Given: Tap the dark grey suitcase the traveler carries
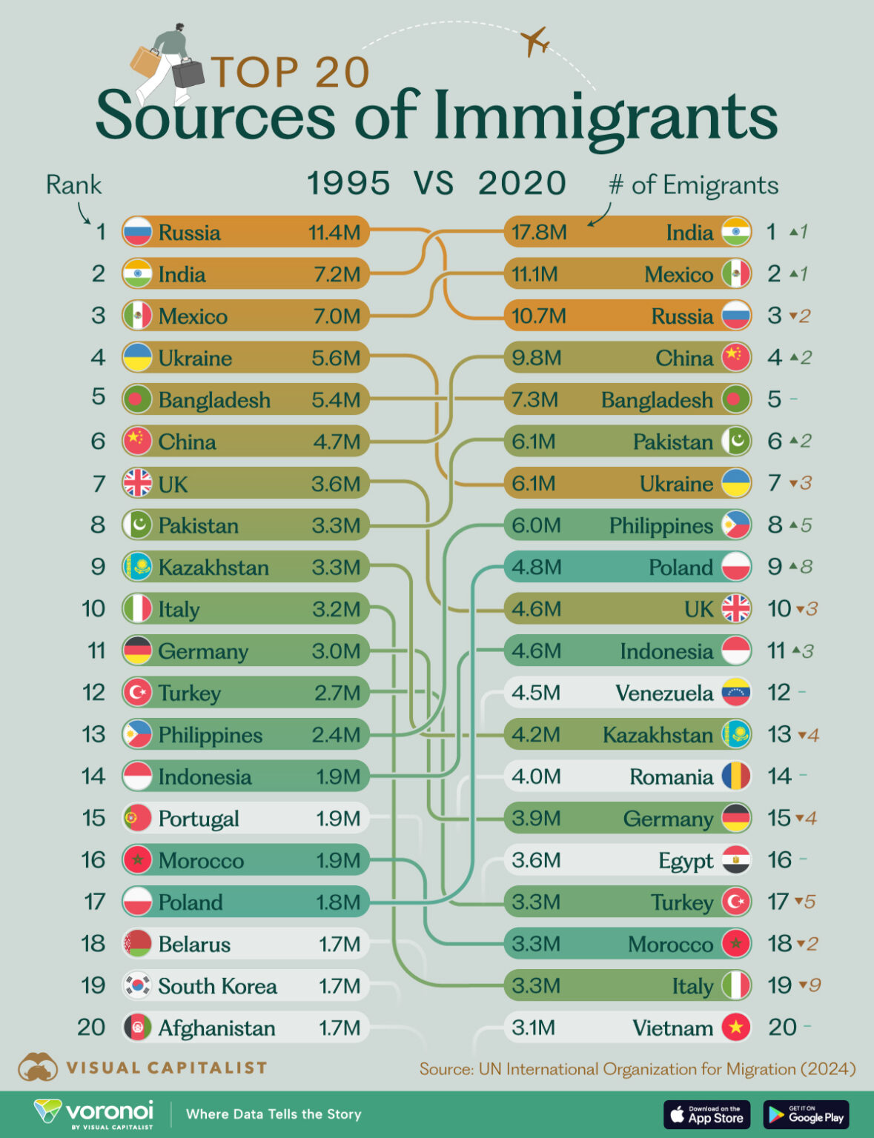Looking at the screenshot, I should pos(188,73).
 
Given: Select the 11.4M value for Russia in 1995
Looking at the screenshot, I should pos(334,233).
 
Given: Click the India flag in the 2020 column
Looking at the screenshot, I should pos(736,232).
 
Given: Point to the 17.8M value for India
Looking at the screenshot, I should pos(539,233).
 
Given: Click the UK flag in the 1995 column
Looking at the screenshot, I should pos(137,484).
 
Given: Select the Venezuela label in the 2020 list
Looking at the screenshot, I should pos(664,693).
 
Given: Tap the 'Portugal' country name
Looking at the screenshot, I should pos(199,819).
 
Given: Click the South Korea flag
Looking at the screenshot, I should pos(137,985).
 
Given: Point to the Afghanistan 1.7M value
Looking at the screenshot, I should pos(340,1028).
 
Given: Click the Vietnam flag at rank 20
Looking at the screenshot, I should pos(736,1028).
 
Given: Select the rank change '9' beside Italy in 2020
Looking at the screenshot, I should pos(815,985).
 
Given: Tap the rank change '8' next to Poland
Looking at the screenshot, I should pos(807,568).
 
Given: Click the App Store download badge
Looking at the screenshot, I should pos(706,1114).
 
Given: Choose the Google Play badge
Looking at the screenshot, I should pos(806,1114).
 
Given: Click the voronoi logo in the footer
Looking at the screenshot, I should pos(94,1114).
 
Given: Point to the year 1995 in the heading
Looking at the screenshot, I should pos(348,184).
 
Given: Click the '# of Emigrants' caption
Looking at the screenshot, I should pos(693,185).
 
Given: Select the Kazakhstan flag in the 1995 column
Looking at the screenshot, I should pos(137,568).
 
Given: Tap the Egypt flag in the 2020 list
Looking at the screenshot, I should pos(736,860).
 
